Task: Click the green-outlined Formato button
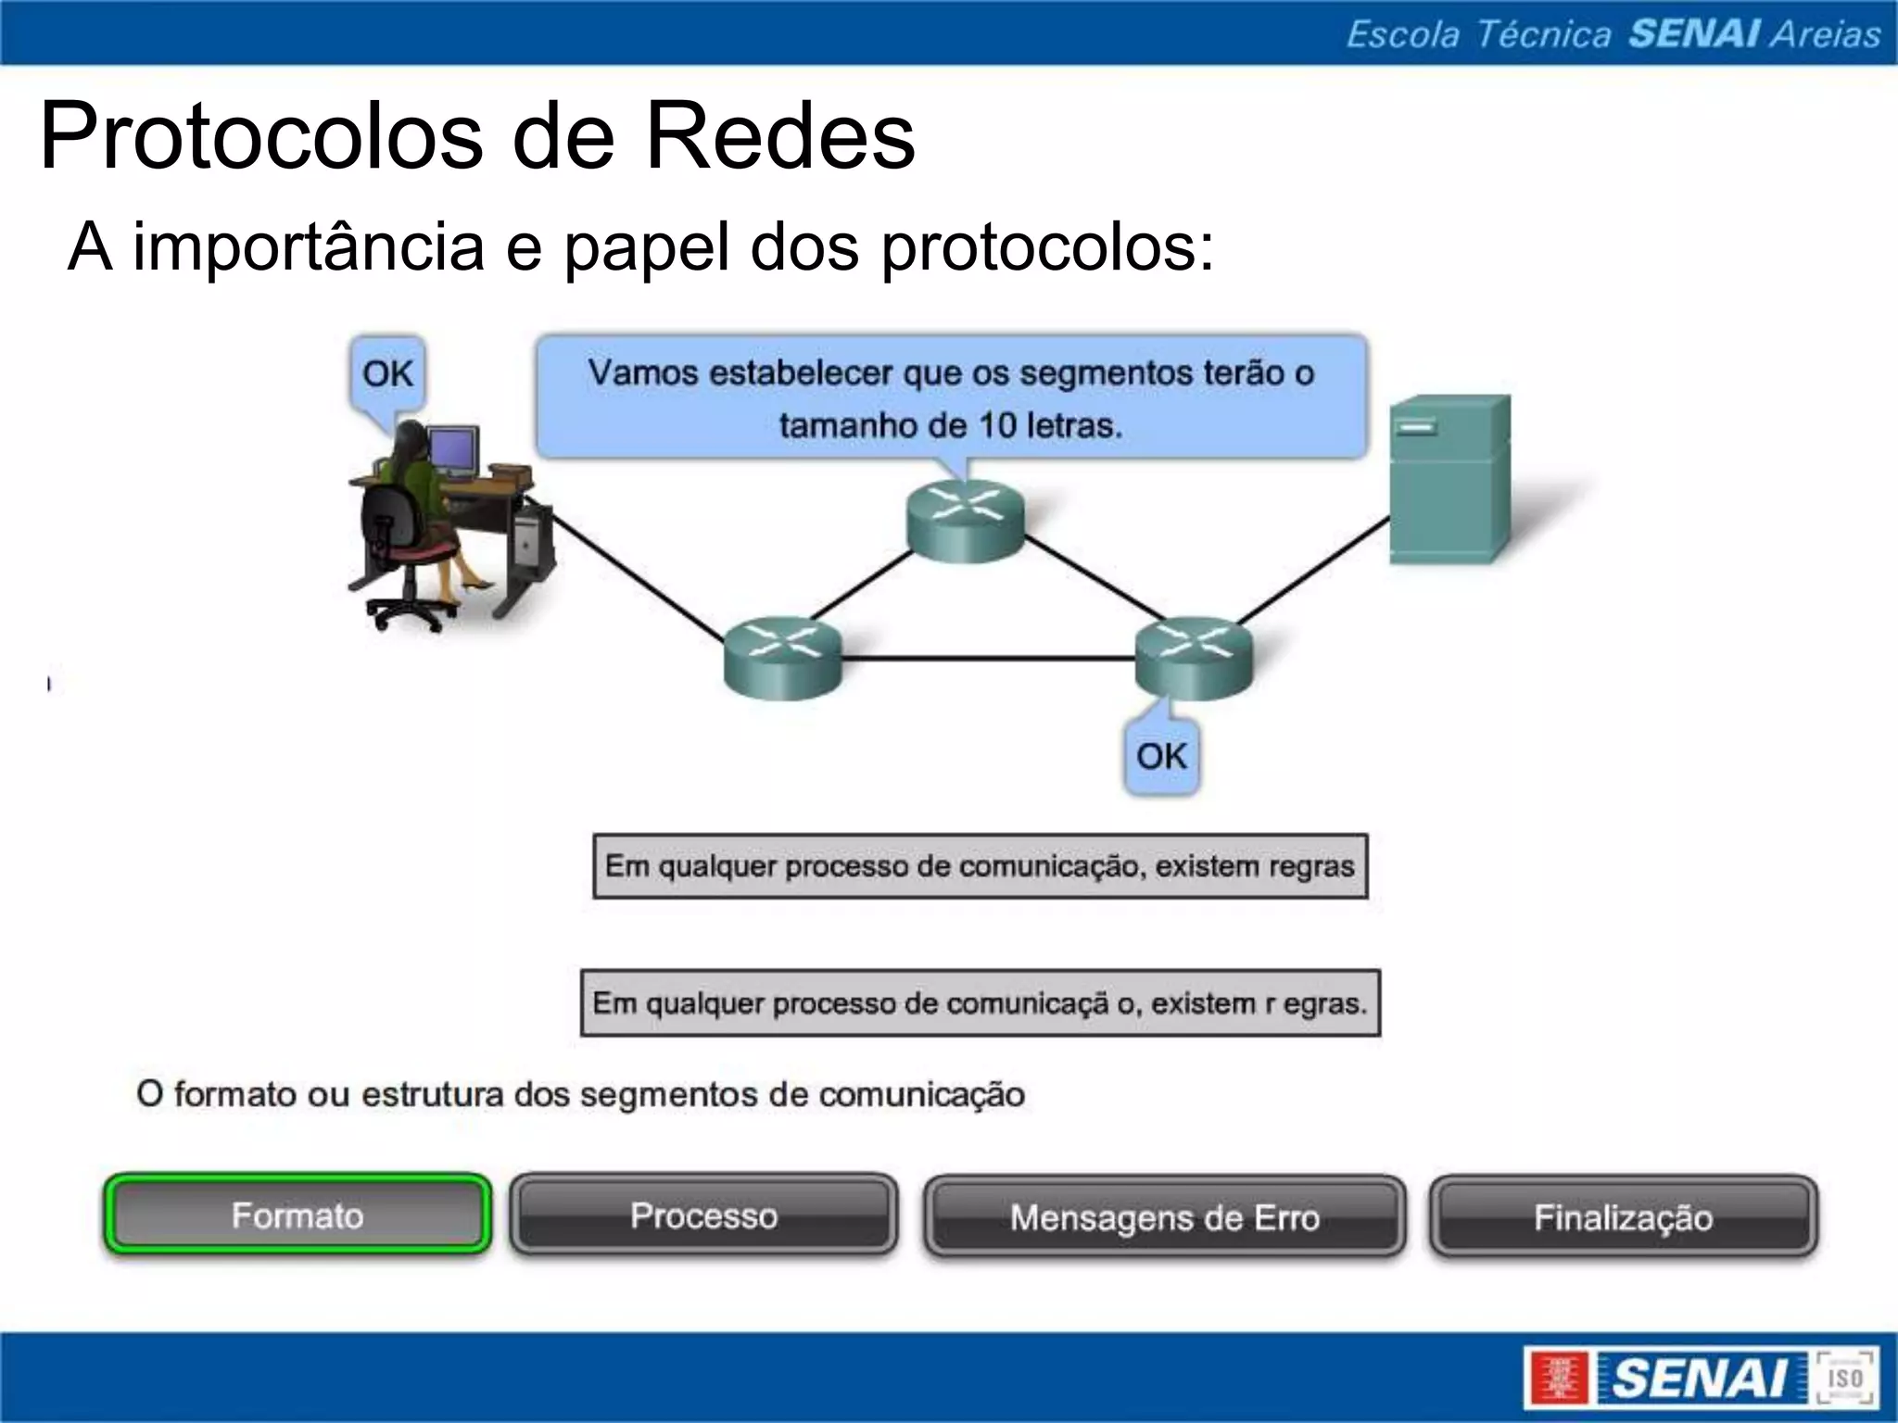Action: point(297,1215)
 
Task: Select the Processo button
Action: point(703,1215)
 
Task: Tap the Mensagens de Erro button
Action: point(1164,1216)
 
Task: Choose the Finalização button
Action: point(1623,1216)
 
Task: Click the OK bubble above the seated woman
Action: point(387,374)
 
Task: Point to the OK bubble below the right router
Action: point(1161,756)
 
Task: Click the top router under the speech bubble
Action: point(966,521)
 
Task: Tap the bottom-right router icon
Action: point(1194,656)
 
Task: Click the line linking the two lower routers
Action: point(988,659)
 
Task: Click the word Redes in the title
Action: point(779,137)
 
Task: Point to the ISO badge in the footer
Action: point(1844,1377)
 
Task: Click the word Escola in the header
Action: point(1402,34)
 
